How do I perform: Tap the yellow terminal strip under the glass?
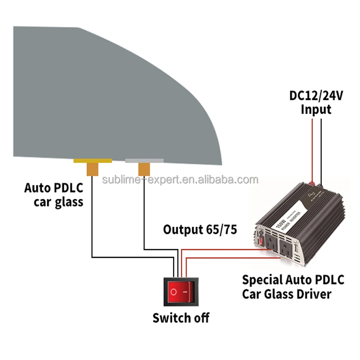(93, 161)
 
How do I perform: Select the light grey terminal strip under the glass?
(144, 161)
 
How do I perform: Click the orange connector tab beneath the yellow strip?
(93, 169)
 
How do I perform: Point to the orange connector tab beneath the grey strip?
(144, 170)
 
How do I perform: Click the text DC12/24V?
(316, 96)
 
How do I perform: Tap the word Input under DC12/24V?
(316, 109)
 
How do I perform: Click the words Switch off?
(181, 318)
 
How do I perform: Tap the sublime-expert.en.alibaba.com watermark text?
(180, 180)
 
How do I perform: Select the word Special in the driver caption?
(262, 280)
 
